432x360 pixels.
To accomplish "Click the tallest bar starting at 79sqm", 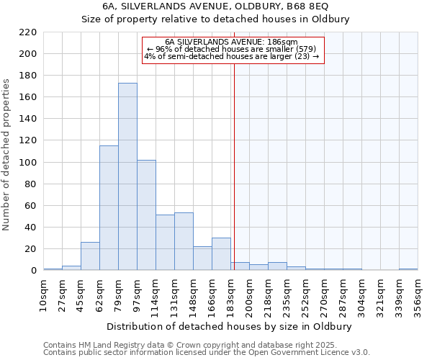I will point(127,176).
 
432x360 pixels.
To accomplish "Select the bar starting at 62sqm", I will point(109,208).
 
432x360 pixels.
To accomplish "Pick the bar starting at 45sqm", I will point(90,256).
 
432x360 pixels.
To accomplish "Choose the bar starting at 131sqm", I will point(184,241).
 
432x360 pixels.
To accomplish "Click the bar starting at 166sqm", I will point(221,254).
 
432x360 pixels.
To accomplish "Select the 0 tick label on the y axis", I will point(33,271).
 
